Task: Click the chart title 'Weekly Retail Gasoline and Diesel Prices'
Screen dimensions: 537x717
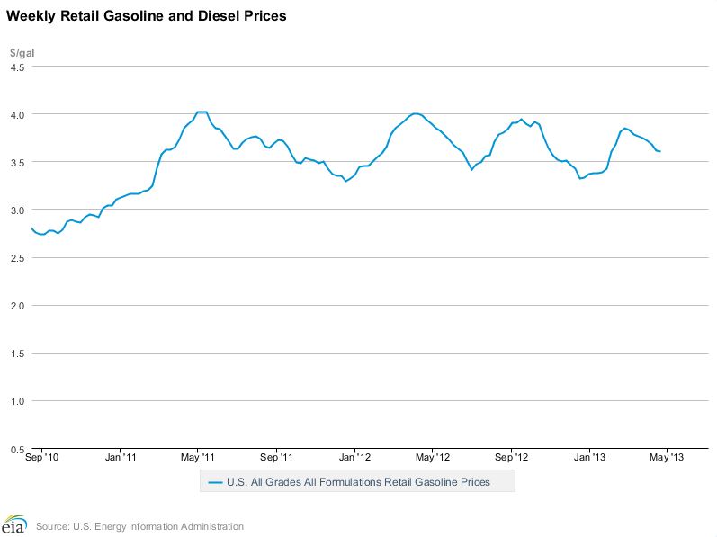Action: click(147, 17)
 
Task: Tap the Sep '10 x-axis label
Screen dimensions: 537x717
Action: click(42, 457)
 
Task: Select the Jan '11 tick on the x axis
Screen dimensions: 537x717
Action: click(121, 457)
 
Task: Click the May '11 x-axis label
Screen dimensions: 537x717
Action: click(198, 457)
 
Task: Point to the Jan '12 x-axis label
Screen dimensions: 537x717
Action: click(354, 457)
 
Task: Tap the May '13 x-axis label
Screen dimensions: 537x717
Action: click(667, 457)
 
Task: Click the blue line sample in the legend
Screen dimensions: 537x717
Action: click(214, 482)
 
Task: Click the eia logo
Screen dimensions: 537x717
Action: click(14, 524)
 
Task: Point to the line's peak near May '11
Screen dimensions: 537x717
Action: click(202, 112)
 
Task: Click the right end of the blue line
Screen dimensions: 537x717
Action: click(660, 151)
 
